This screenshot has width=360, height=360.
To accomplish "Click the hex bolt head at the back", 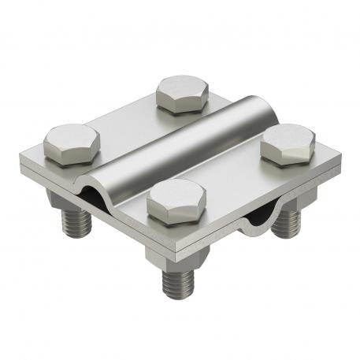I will pyautogui.click(x=182, y=93).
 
